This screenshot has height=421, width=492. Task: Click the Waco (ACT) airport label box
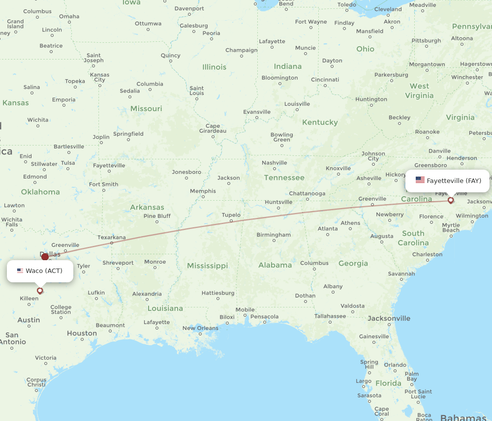(40, 271)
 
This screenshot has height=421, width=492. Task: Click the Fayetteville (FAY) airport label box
(448, 180)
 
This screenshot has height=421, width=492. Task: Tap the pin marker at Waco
(40, 291)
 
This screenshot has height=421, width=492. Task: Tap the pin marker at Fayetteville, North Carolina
(451, 200)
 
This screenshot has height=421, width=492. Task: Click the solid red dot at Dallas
(45, 256)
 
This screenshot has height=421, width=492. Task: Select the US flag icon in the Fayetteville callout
(420, 180)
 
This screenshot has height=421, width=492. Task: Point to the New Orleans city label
(200, 328)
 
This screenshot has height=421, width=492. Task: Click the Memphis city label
(203, 191)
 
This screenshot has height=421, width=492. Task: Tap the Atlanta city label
(328, 229)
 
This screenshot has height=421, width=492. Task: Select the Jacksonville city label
(389, 318)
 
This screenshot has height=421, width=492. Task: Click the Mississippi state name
(207, 266)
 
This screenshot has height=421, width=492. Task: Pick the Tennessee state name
(284, 178)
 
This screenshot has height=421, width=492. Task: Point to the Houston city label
(82, 333)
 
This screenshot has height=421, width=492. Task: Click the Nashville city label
(275, 163)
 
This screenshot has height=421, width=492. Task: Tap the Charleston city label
(427, 254)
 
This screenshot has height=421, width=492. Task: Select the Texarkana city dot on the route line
(112, 242)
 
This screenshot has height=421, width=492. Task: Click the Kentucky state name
(320, 122)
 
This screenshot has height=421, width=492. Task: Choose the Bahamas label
(463, 418)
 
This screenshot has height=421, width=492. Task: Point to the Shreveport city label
(118, 263)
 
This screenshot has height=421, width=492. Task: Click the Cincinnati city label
(325, 79)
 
